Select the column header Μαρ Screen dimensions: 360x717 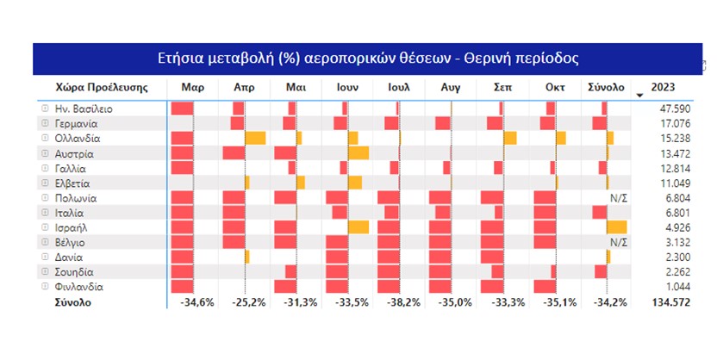(192, 88)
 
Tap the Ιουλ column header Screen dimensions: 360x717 (399, 88)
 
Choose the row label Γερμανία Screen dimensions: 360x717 (80, 124)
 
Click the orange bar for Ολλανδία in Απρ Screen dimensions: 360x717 (255, 139)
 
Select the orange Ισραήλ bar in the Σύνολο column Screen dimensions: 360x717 (616, 227)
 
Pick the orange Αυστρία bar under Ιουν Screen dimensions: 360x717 (358, 153)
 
